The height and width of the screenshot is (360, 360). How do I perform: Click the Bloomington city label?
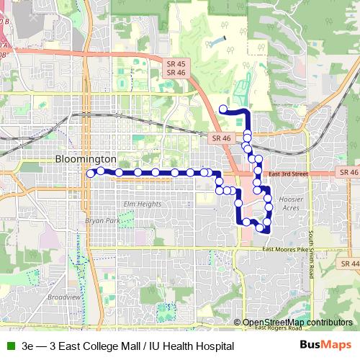pyautogui.click(x=86, y=158)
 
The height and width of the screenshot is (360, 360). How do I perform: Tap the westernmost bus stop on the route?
pyautogui.click(x=91, y=173)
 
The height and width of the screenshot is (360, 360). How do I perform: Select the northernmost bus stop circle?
pyautogui.click(x=223, y=109)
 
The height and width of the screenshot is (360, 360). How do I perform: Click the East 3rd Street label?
pyautogui.click(x=287, y=174)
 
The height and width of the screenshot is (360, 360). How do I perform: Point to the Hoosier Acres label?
pyautogui.click(x=289, y=202)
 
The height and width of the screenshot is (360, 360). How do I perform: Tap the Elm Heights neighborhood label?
pyautogui.click(x=141, y=204)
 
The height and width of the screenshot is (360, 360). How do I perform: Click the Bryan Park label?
pyautogui.click(x=100, y=221)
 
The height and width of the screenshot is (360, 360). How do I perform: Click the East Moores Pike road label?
pyautogui.click(x=287, y=249)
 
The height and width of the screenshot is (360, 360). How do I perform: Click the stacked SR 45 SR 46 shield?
pyautogui.click(x=176, y=68)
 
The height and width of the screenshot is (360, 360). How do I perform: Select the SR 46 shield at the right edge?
pyautogui.click(x=348, y=173)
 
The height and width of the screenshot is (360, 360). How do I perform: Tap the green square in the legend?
pyautogui.click(x=10, y=346)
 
